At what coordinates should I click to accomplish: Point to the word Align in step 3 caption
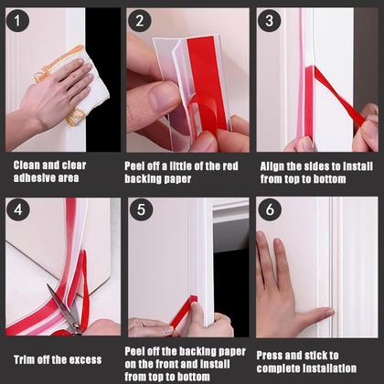coord(272,166)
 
